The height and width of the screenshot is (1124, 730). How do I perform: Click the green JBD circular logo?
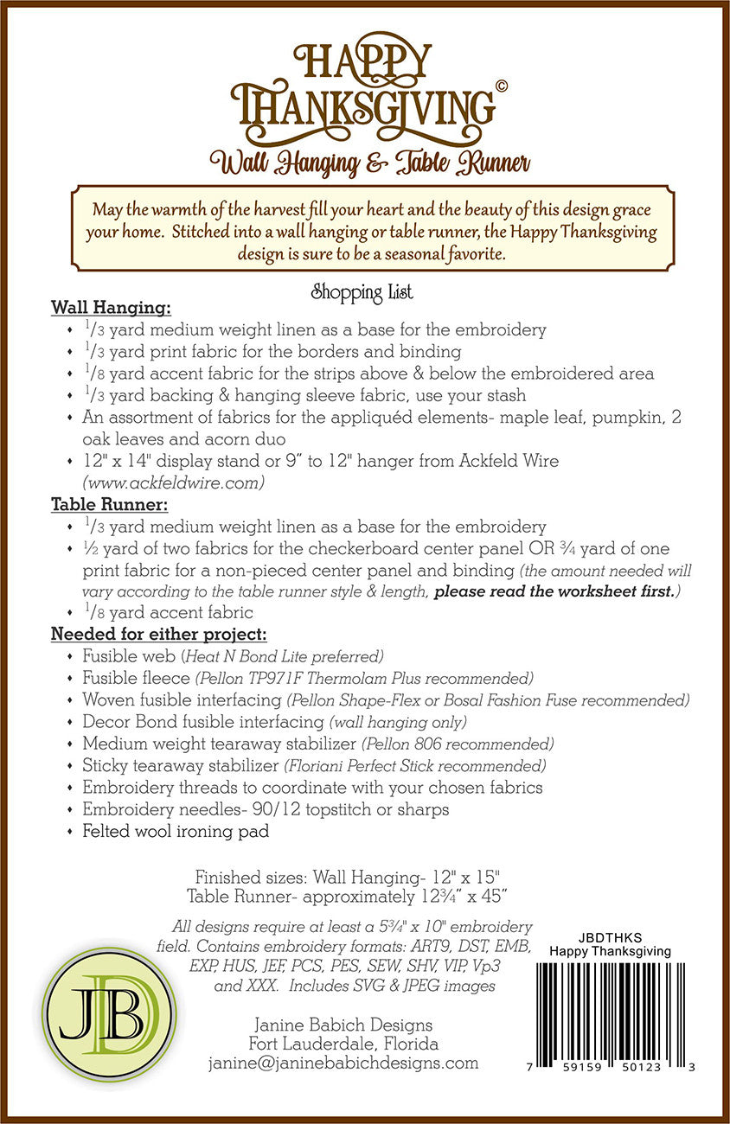coord(108,1013)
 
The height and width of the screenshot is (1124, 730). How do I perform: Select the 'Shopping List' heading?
coord(362,293)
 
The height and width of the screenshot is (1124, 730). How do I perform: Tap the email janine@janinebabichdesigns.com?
coord(343,1063)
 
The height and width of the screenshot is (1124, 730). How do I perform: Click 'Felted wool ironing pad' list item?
coord(176,832)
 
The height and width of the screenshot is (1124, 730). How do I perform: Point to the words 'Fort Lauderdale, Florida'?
coord(343,1044)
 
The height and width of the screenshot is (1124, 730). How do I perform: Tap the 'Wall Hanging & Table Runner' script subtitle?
coord(363,162)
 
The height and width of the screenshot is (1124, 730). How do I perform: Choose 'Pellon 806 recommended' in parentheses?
coord(458,744)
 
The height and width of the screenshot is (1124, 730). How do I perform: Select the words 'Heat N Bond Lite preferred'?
coord(282,656)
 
